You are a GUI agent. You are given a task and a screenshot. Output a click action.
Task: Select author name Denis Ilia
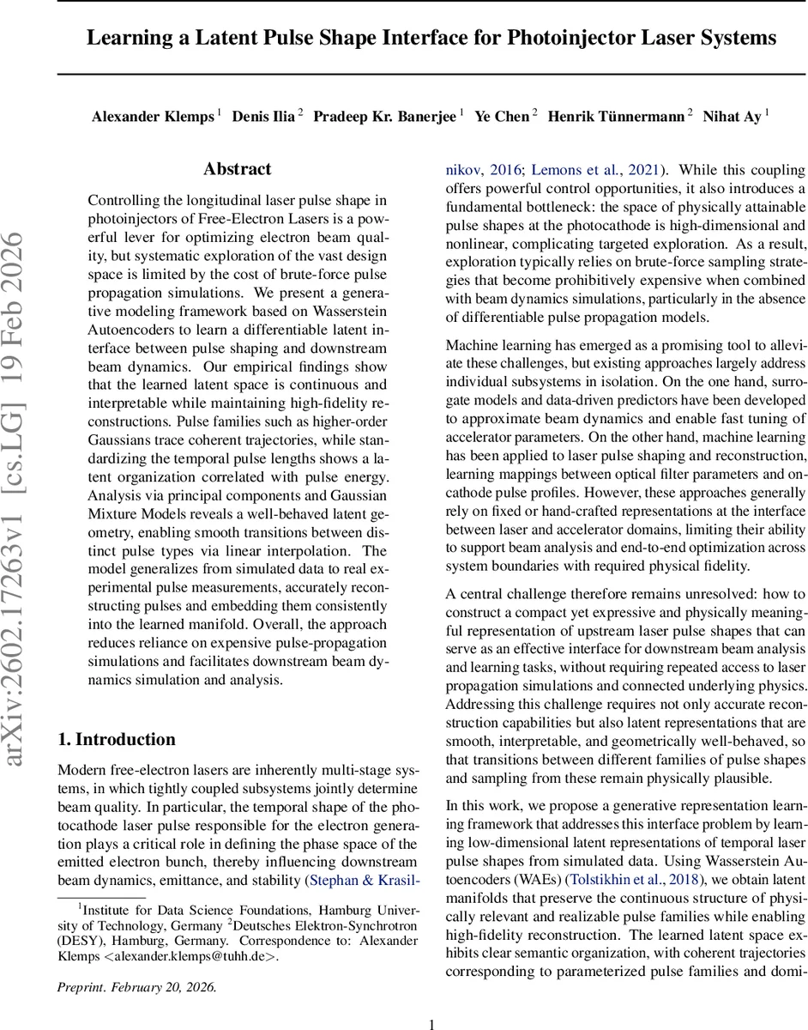(263, 117)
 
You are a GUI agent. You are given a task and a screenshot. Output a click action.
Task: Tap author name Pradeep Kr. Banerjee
(386, 117)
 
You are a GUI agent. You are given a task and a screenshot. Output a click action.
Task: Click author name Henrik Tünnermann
(616, 117)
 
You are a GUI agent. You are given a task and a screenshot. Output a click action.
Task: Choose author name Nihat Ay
(732, 117)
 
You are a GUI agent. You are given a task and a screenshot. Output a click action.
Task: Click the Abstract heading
(238, 169)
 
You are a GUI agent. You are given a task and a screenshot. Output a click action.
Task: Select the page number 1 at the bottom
(432, 1023)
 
